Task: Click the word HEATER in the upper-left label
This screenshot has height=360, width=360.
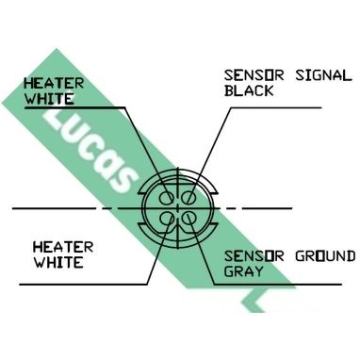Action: tap(54, 84)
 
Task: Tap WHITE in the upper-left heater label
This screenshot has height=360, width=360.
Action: tap(49, 98)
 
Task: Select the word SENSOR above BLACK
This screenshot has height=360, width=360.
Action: tap(254, 75)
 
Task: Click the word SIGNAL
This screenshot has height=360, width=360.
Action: tap(323, 75)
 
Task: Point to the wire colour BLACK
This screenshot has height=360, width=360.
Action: tap(249, 90)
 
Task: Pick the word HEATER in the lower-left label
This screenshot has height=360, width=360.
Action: tap(63, 248)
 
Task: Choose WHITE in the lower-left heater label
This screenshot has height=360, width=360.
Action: tap(58, 263)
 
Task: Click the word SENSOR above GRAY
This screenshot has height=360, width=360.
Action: tap(254, 256)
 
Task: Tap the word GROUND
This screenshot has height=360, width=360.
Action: tap(325, 256)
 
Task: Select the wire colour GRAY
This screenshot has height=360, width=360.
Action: tap(244, 271)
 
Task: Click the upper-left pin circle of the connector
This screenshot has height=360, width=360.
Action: tap(166, 198)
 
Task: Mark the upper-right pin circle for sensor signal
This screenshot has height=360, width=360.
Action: tap(189, 198)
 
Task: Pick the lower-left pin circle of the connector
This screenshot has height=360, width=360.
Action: tap(166, 219)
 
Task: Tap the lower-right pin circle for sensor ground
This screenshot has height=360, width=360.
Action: tap(189, 219)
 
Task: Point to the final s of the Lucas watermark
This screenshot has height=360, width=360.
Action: tap(121, 180)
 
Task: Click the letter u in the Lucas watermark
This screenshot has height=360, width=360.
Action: tap(71, 136)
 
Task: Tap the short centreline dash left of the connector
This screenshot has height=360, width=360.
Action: tap(107, 208)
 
